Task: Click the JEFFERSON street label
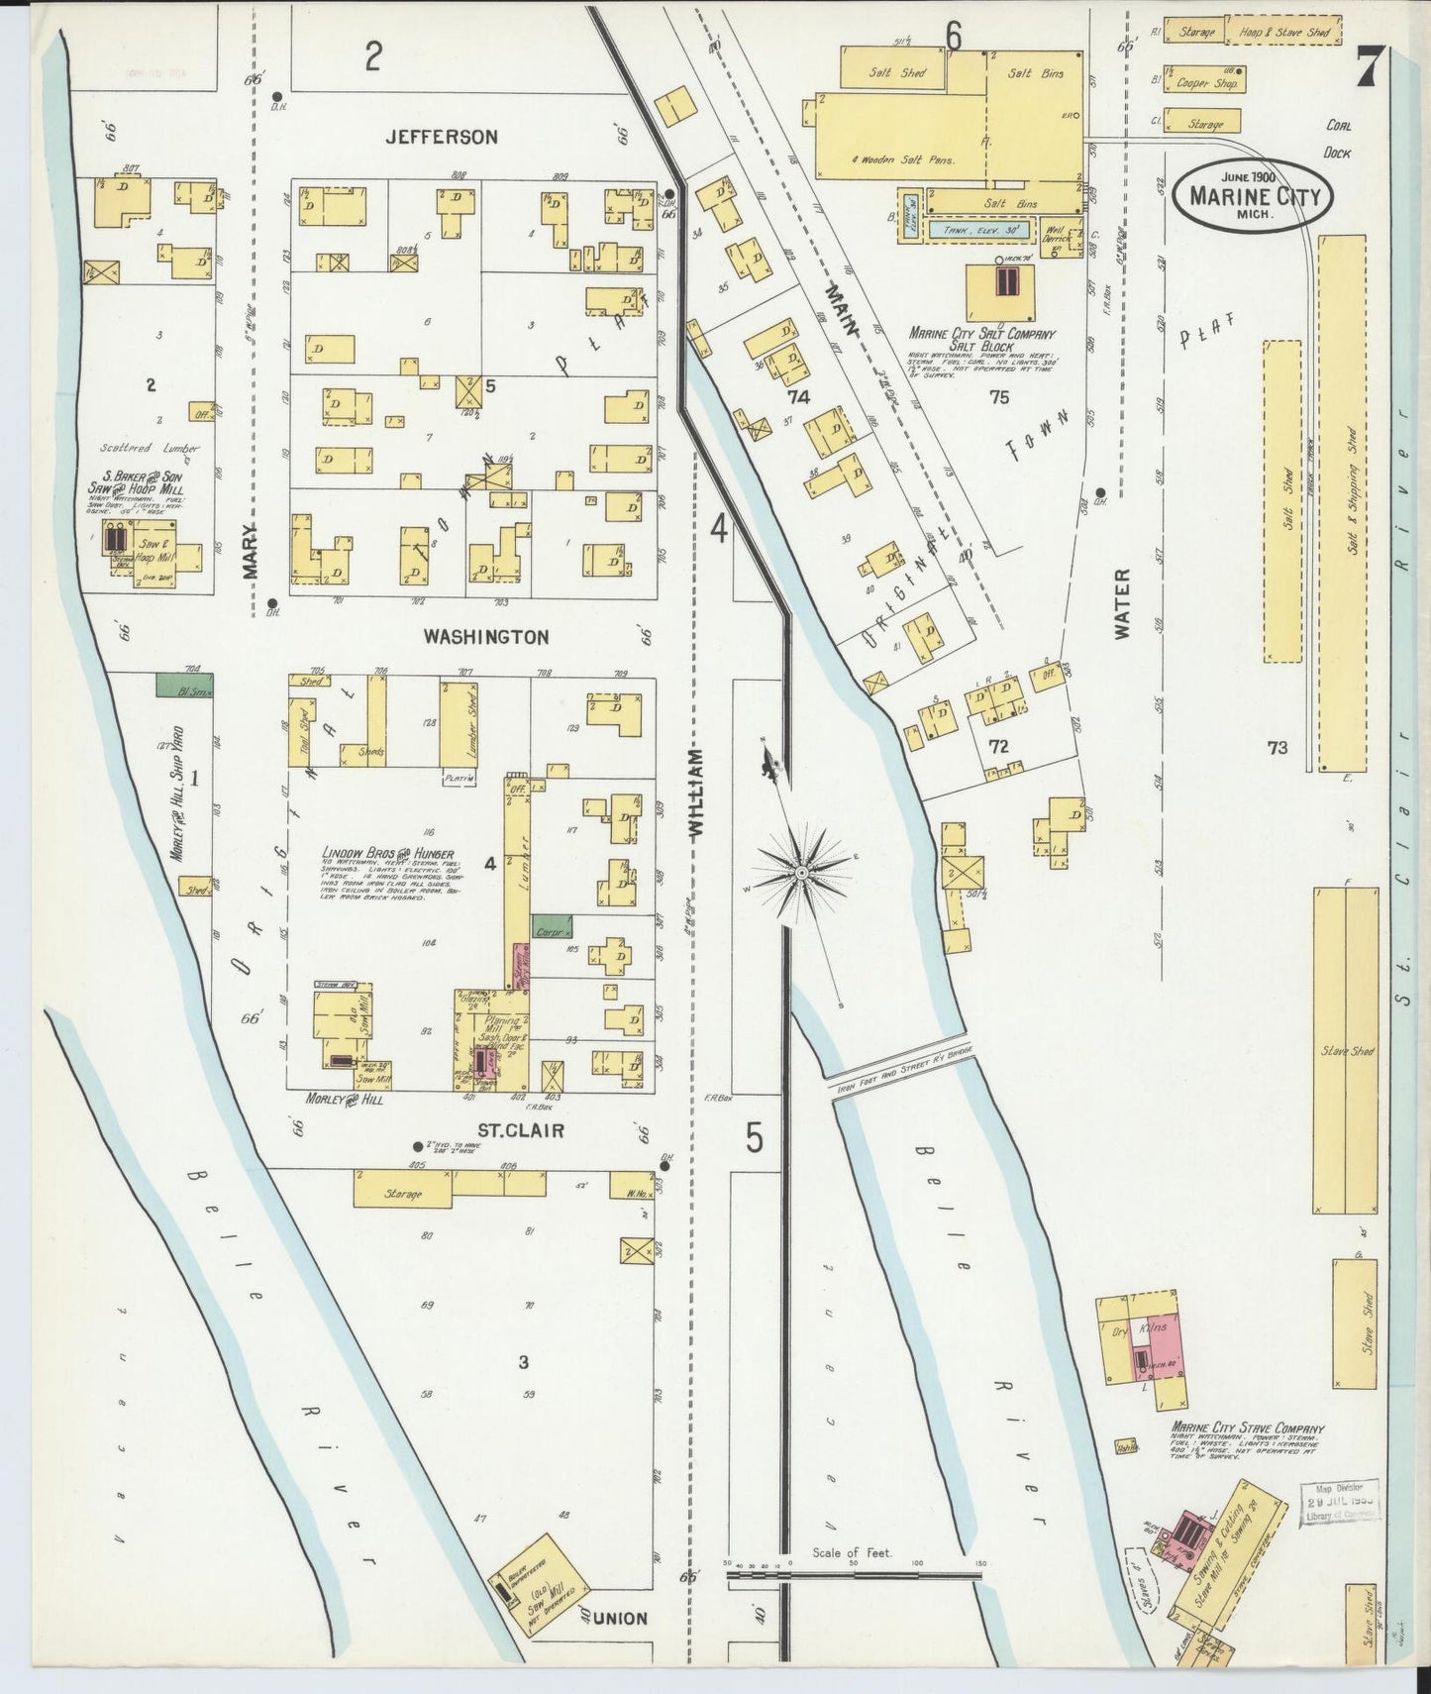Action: pyautogui.click(x=442, y=137)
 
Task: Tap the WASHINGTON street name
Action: pyautogui.click(x=485, y=637)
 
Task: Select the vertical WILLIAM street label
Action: pyautogui.click(x=695, y=795)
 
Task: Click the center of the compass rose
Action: pyautogui.click(x=799, y=873)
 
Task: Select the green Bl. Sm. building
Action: pyautogui.click(x=185, y=685)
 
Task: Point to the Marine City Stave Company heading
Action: pyautogui.click(x=1247, y=1429)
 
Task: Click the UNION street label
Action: pyautogui.click(x=622, y=1618)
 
